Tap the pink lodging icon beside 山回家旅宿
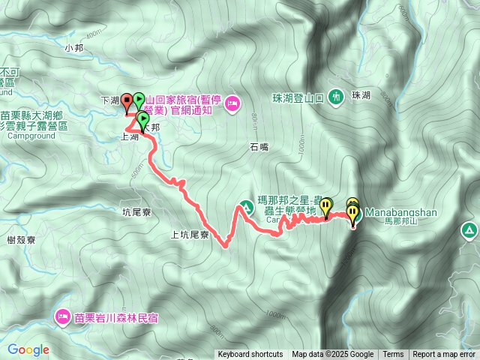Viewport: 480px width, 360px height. (231, 102)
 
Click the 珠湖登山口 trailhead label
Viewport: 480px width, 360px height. (298, 97)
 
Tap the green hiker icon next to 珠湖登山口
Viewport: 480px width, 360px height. (335, 97)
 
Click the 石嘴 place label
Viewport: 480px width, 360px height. (259, 148)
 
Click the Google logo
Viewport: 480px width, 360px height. (28, 349)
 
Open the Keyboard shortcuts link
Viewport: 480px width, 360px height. (250, 355)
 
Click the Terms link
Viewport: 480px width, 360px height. (392, 355)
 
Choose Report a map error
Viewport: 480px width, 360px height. (444, 355)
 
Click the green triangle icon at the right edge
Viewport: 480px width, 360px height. (469, 229)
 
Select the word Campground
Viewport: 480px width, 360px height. (30, 137)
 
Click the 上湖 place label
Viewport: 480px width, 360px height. (129, 138)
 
